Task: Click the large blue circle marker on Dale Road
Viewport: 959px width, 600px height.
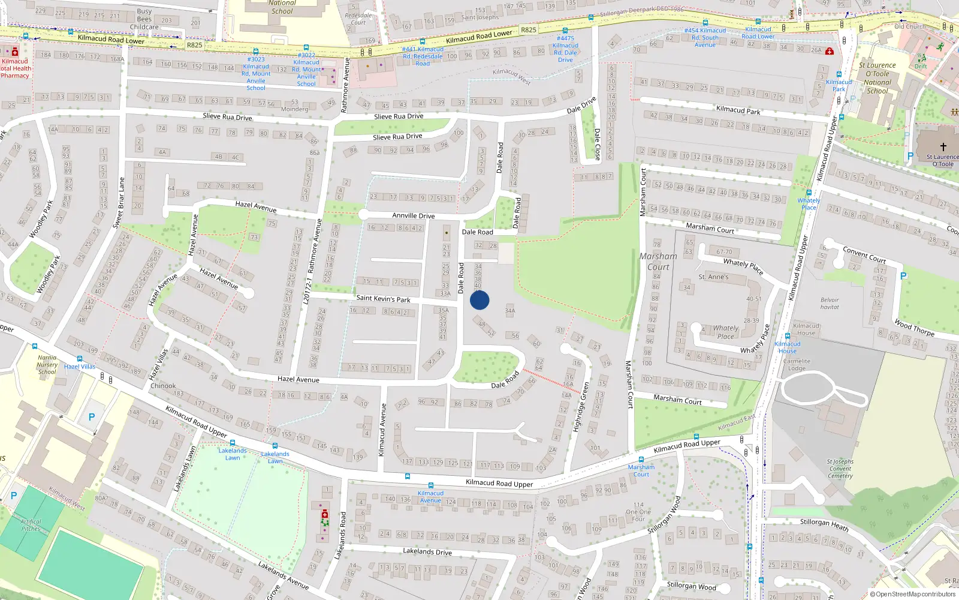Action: (479, 300)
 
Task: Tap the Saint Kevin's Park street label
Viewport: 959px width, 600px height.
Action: (383, 298)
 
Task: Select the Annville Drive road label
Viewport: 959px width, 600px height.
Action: (413, 215)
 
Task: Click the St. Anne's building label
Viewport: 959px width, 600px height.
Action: (713, 277)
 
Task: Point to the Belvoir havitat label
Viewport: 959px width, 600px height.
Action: (830, 304)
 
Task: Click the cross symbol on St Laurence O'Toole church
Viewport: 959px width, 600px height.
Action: (943, 146)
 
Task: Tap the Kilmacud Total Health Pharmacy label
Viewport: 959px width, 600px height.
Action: (15, 68)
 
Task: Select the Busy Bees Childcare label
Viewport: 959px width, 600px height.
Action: (144, 19)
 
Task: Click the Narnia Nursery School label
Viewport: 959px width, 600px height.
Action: (47, 365)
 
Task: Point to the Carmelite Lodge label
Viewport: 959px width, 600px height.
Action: (797, 365)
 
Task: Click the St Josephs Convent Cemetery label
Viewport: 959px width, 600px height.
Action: (840, 469)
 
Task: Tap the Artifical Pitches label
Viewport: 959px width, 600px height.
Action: (31, 525)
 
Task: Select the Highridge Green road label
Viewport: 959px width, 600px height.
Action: (581, 407)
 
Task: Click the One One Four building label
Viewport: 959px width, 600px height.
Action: (638, 512)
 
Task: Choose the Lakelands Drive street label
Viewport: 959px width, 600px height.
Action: (427, 551)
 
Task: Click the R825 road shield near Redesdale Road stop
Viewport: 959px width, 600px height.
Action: (528, 29)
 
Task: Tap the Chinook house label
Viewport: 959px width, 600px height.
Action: (163, 386)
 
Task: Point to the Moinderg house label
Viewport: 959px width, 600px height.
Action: (294, 109)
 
